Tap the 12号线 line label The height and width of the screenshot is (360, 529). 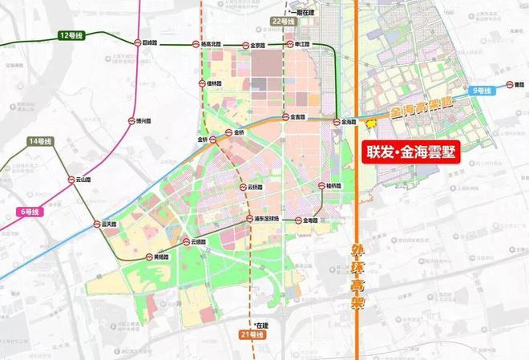tap(71, 36)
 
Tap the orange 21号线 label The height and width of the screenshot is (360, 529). tap(251, 334)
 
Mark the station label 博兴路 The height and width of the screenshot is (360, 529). tap(133, 122)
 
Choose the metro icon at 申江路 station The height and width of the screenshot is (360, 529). tap(290, 45)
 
